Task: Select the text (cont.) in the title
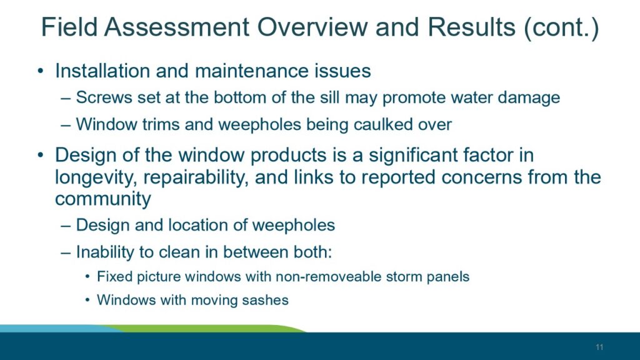click(561, 28)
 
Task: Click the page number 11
click(599, 347)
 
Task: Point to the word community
click(103, 199)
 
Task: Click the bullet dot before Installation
click(40, 71)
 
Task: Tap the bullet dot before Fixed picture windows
click(87, 277)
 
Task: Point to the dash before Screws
click(65, 98)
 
